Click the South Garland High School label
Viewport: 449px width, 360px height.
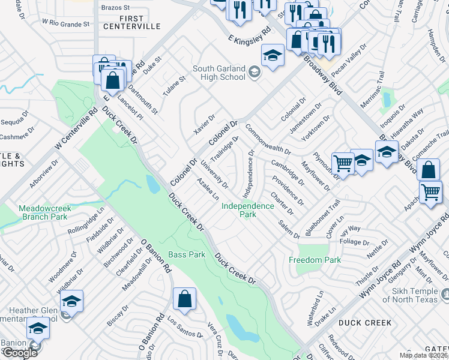(218, 73)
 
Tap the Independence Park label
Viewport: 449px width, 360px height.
(247, 209)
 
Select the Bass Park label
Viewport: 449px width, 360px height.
(187, 255)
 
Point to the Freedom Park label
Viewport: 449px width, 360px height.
(315, 260)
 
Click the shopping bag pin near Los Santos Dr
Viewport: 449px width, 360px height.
(184, 298)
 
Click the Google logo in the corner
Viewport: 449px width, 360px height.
(20, 352)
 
